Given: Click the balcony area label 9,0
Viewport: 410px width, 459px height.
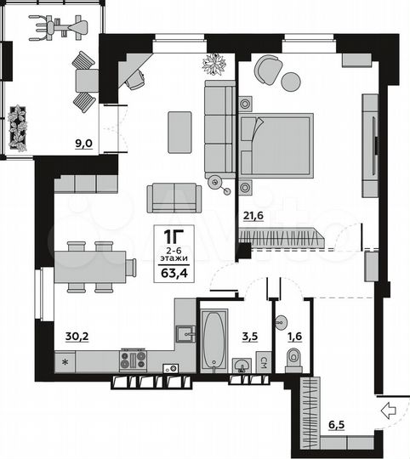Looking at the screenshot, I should pyautogui.click(x=83, y=144).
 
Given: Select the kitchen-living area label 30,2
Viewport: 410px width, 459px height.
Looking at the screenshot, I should pyautogui.click(x=77, y=335).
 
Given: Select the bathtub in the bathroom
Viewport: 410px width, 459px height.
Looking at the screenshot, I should pyautogui.click(x=214, y=338).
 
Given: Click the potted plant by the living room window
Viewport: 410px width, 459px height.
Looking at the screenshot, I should pyautogui.click(x=214, y=64).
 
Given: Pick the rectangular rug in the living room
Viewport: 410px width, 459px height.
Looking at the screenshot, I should pyautogui.click(x=180, y=132).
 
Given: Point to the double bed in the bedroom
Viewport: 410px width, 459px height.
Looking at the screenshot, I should pyautogui.click(x=276, y=146).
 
